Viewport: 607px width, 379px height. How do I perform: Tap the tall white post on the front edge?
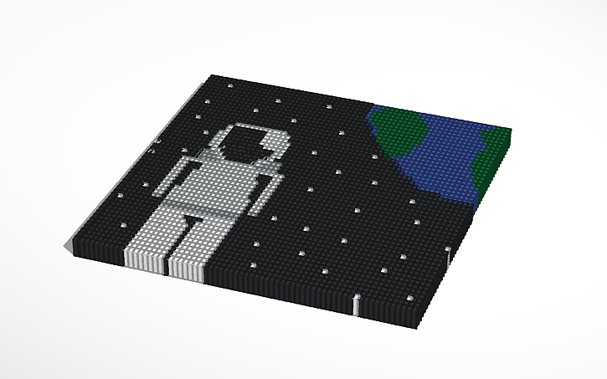click(356, 305)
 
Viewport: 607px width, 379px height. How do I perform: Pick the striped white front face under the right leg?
click(186, 268)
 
